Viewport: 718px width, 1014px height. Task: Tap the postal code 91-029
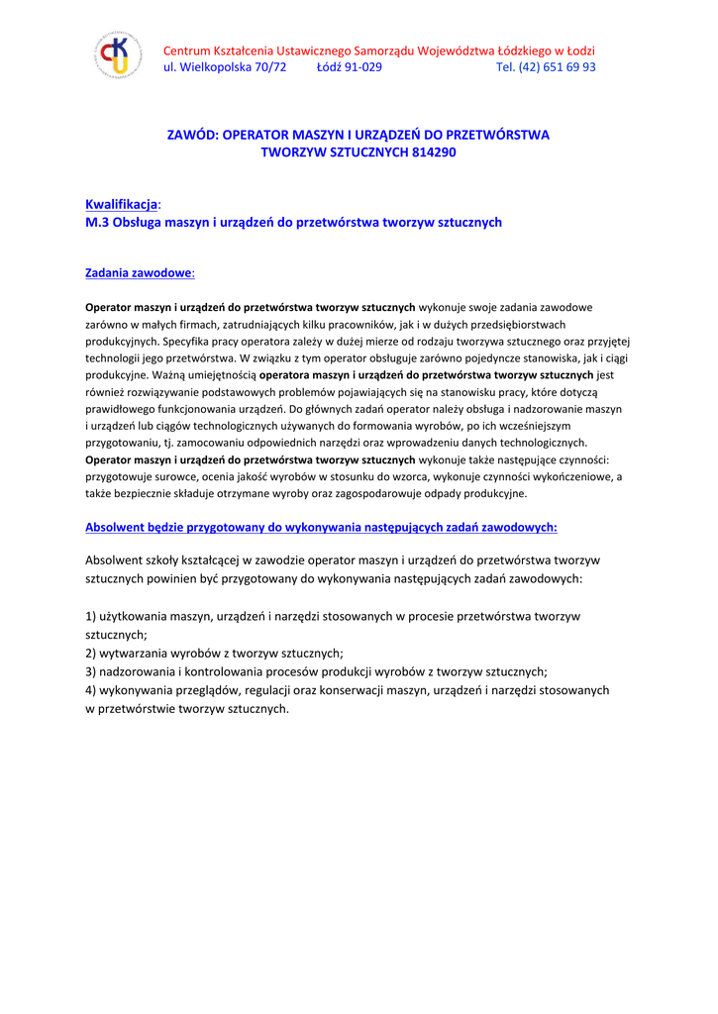click(x=361, y=67)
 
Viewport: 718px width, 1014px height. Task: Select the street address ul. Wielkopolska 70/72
click(x=225, y=67)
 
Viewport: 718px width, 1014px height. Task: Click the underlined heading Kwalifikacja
click(x=122, y=204)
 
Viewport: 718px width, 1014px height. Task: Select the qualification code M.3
click(x=97, y=223)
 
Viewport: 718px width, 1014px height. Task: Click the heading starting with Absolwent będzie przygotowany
click(x=321, y=528)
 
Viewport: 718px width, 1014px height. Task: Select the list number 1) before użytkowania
click(x=91, y=616)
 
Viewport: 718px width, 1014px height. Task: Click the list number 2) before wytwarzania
click(x=91, y=653)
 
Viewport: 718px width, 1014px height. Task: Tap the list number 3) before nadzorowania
click(x=91, y=671)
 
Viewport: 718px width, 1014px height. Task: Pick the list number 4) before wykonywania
click(x=91, y=690)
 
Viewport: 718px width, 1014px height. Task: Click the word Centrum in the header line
click(x=186, y=51)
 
